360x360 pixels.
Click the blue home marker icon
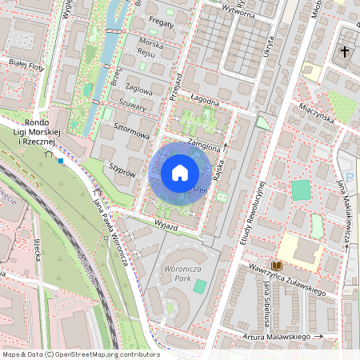179,174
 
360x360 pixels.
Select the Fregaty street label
161,24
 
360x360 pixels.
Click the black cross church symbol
344,51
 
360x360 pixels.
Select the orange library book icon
277,265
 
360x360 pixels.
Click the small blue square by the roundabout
60,160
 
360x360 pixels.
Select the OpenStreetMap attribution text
80,354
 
